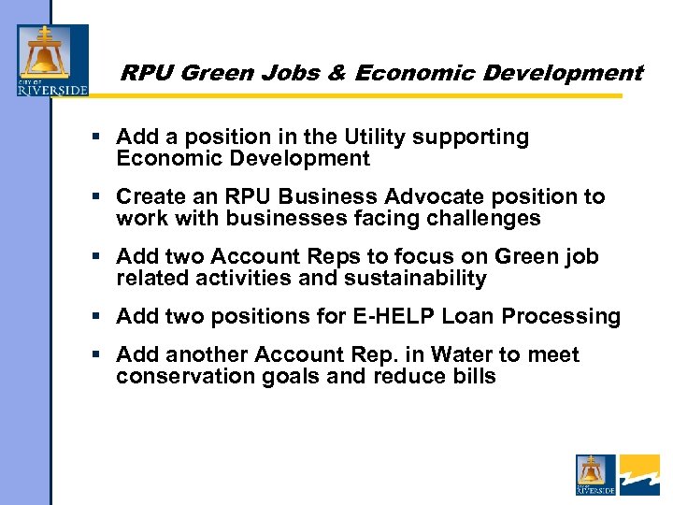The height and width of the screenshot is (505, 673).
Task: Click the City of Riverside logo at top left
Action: [52, 61]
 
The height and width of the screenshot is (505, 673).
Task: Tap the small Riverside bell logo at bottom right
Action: [595, 474]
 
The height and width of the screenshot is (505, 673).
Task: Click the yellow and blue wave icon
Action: [639, 474]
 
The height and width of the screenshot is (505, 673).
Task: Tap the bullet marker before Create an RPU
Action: [95, 197]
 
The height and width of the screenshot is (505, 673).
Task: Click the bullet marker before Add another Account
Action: [95, 355]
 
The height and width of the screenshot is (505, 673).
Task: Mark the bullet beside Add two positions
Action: [95, 316]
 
